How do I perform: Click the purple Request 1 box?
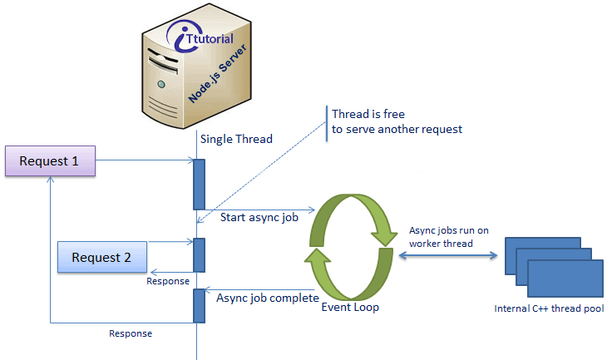[x=51, y=161]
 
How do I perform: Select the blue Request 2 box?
[x=102, y=257]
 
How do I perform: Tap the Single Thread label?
[x=236, y=139]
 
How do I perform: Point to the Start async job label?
[x=259, y=218]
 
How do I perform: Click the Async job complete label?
[x=268, y=298]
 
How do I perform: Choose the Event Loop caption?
[x=350, y=308]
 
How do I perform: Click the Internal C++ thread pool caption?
[x=549, y=308]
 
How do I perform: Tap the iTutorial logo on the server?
[x=200, y=37]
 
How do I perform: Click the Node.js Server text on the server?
[x=217, y=73]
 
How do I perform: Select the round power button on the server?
[x=161, y=84]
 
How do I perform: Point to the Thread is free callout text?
[x=397, y=121]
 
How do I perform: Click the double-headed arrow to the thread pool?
[x=448, y=255]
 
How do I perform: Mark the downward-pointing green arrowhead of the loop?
[x=384, y=237]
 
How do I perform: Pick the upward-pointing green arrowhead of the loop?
[x=318, y=256]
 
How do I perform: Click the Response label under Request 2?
[x=168, y=281]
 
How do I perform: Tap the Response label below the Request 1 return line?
[x=131, y=333]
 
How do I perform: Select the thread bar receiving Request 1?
[x=199, y=185]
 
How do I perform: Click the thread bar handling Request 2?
[x=199, y=255]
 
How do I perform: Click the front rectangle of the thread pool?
[x=565, y=279]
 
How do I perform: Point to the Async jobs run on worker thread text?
[x=449, y=237]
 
